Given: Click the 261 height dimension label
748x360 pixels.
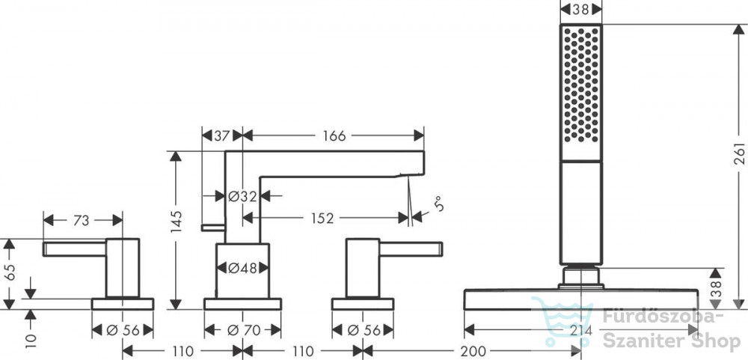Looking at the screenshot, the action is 739,153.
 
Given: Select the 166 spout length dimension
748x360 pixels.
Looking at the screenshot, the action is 334,136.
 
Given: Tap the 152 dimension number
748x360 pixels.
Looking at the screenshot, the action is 322,219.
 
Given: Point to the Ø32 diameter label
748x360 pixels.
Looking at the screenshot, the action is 242,196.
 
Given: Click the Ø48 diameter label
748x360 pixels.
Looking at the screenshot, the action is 243,269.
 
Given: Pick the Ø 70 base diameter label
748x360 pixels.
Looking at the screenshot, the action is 242,330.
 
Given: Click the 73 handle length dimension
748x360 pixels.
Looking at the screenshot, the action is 81,221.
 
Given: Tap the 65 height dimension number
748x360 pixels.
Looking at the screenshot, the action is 10,272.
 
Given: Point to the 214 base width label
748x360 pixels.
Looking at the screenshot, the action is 580,330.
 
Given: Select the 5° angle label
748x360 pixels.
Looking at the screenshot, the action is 439,205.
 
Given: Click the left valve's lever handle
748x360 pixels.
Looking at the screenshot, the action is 74,249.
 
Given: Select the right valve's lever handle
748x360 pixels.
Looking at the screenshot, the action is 411,249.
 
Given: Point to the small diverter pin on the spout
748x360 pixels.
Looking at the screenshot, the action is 212,228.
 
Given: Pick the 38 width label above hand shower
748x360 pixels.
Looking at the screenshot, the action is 580,9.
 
